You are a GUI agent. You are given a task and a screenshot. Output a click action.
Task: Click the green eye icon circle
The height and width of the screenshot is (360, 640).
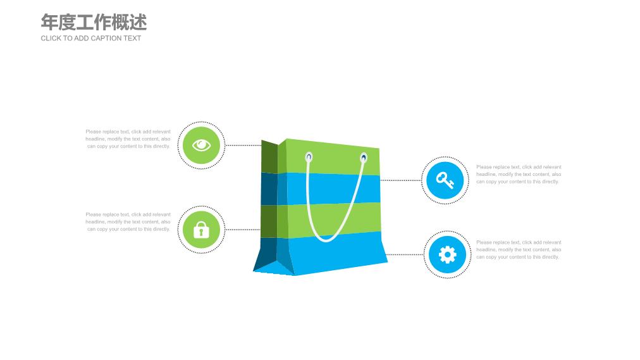(201, 146)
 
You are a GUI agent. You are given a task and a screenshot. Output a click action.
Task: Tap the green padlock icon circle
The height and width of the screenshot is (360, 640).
(201, 230)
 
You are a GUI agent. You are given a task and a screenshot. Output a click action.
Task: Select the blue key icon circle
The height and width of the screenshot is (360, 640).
(445, 180)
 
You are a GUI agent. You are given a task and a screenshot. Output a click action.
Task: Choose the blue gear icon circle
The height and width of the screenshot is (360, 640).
(447, 255)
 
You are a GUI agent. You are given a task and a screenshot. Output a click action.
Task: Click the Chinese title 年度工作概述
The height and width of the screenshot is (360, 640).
(94, 22)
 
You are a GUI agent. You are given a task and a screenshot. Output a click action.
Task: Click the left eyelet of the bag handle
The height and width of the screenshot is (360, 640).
(309, 157)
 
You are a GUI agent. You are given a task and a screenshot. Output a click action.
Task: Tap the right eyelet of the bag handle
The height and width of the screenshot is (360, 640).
(363, 158)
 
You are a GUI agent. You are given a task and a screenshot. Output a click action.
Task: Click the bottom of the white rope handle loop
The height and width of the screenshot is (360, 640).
(326, 240)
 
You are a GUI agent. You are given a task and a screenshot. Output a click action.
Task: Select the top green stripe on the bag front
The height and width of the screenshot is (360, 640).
(333, 157)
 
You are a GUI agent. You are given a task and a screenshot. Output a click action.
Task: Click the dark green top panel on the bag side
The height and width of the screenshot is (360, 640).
(269, 157)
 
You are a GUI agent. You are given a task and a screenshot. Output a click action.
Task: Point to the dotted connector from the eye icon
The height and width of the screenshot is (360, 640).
(243, 146)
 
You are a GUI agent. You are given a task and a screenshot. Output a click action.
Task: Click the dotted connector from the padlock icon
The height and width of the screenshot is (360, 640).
(243, 230)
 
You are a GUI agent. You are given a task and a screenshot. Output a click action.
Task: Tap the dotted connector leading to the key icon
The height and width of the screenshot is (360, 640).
(401, 180)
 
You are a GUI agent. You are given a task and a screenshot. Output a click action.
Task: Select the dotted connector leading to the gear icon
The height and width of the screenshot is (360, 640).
(405, 255)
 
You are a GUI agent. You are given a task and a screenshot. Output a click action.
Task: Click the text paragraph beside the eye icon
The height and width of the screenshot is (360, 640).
(128, 139)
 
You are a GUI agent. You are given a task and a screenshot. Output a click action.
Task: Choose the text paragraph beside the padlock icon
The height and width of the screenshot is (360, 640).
(128, 222)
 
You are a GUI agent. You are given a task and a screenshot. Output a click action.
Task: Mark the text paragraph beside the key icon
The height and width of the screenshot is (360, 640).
(519, 174)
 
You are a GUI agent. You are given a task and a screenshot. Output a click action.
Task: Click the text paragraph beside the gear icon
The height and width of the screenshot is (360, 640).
(519, 250)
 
